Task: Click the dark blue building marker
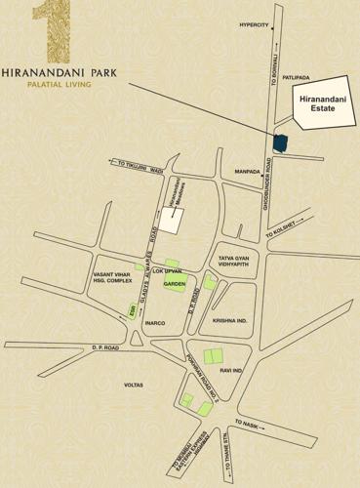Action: [280, 142]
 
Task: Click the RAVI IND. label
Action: [232, 371]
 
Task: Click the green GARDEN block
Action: [175, 284]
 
